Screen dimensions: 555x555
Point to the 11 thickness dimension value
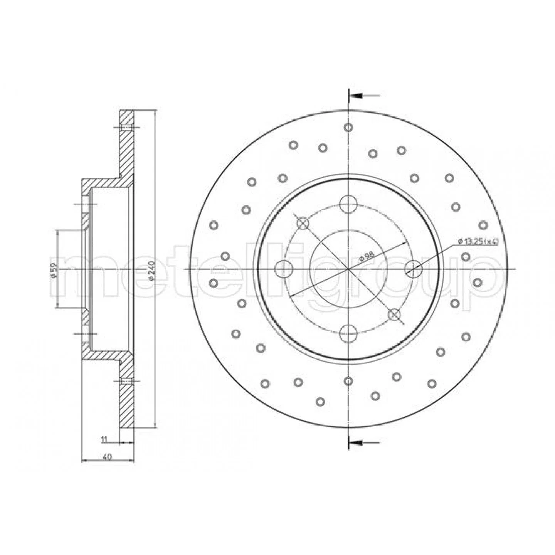click(x=104, y=447)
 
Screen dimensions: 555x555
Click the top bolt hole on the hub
click(x=348, y=205)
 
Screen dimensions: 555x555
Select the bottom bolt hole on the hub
click(x=348, y=333)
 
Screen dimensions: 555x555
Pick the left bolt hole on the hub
click(x=284, y=269)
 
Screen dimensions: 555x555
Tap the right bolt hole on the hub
click(x=413, y=269)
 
